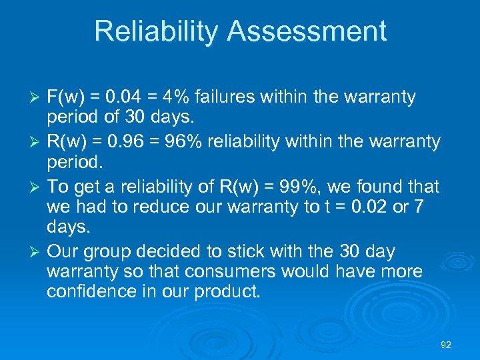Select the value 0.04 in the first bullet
tap(121, 97)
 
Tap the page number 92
tap(446, 345)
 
